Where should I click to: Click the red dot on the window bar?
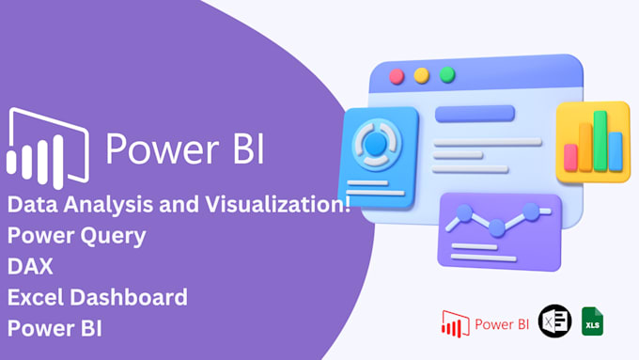tap(397, 75)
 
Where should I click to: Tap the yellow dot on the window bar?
tap(422, 74)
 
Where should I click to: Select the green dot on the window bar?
tap(447, 73)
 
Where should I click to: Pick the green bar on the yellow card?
tap(600, 141)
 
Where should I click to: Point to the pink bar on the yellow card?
tap(569, 156)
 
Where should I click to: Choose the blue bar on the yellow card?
tap(616, 150)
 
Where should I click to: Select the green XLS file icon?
tap(592, 322)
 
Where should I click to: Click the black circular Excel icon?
tap(553, 322)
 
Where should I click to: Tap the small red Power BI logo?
tap(456, 325)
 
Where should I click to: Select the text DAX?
tap(29, 267)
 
